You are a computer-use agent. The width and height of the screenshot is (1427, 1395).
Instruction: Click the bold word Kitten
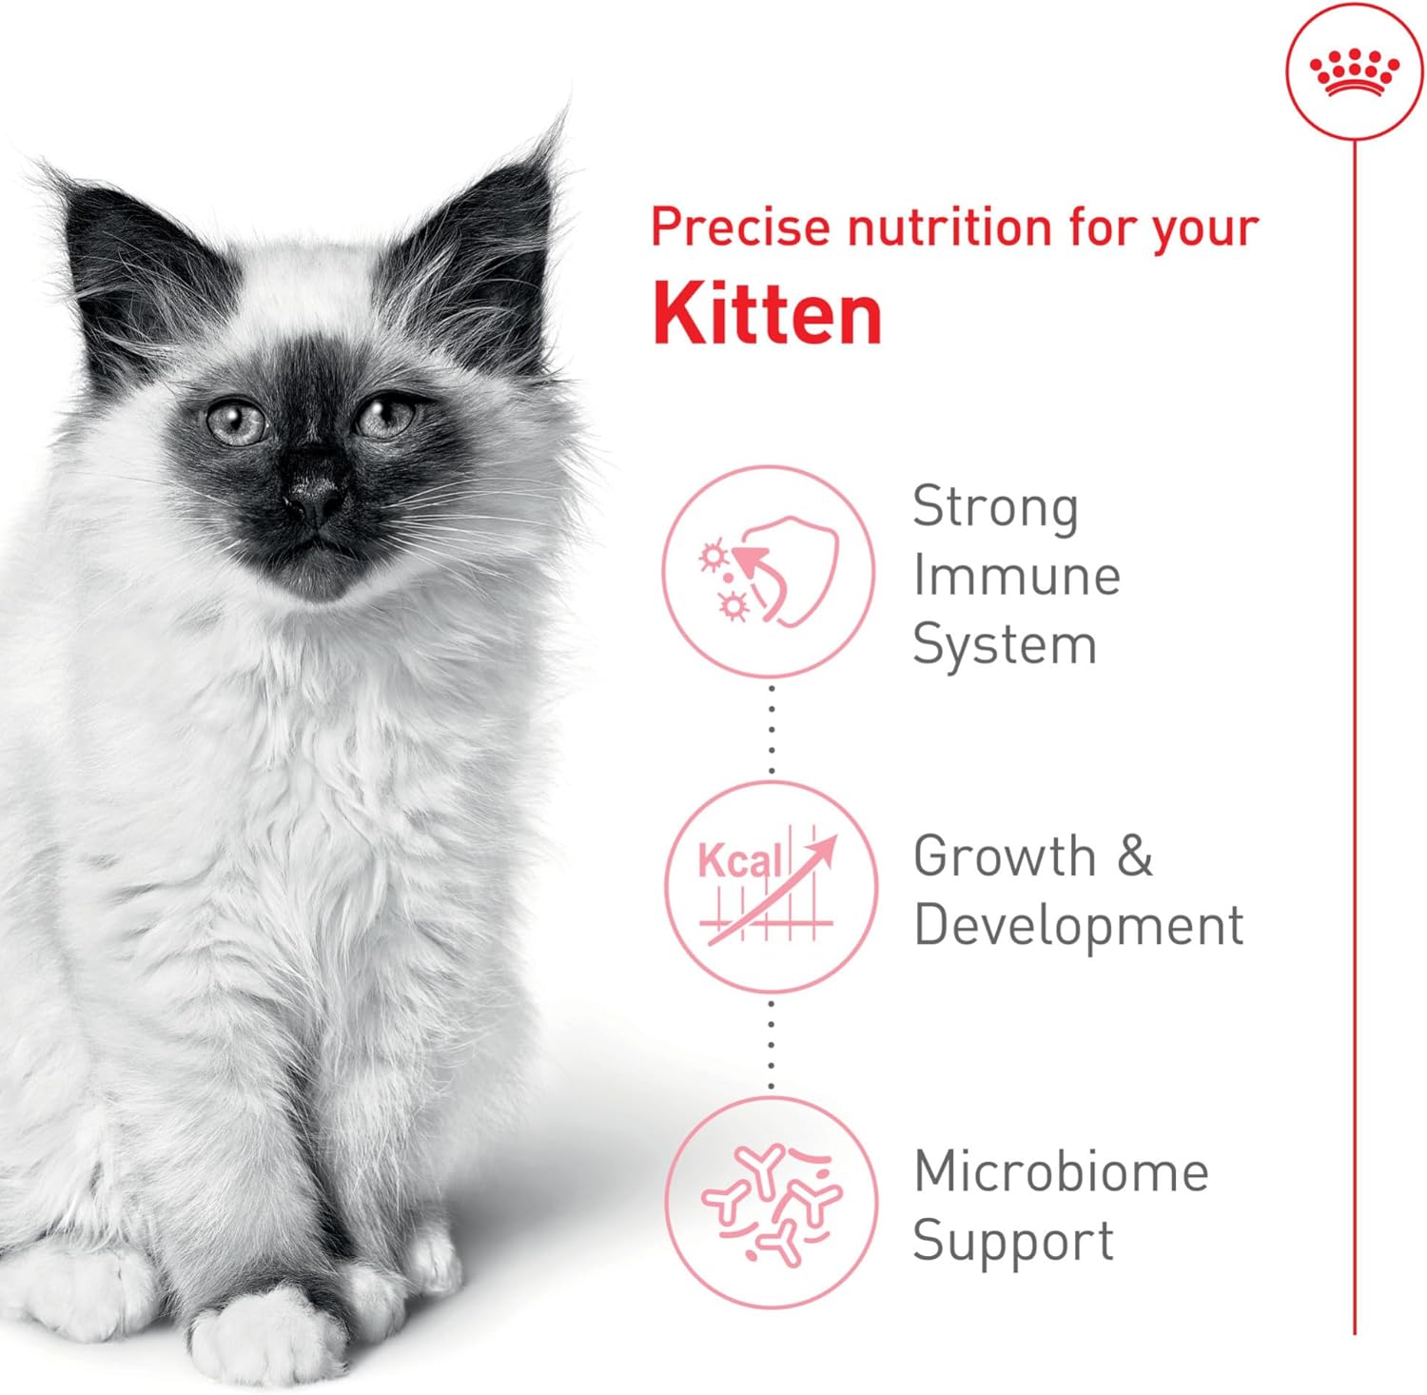(x=767, y=315)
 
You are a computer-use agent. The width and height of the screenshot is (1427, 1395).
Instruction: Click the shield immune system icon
(x=769, y=571)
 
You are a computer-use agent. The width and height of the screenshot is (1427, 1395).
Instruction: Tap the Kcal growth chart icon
(x=769, y=886)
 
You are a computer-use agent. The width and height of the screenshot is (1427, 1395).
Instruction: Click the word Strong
(x=995, y=507)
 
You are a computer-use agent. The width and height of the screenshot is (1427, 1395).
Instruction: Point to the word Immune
(x=1016, y=576)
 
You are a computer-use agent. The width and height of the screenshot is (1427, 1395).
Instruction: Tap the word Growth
(x=1004, y=855)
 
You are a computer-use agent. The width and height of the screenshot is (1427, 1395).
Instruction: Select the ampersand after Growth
(x=1134, y=855)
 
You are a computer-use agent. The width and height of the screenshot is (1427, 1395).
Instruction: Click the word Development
(x=1078, y=925)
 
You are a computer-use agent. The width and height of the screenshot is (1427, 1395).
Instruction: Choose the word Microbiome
(x=1061, y=1171)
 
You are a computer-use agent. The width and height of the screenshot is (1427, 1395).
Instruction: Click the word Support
(x=1012, y=1241)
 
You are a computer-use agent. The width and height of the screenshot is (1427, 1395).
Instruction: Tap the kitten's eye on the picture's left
(x=236, y=422)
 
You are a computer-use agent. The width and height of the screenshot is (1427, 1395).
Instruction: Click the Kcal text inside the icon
(x=739, y=860)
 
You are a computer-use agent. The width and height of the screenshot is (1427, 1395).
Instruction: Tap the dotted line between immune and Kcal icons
(x=771, y=729)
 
